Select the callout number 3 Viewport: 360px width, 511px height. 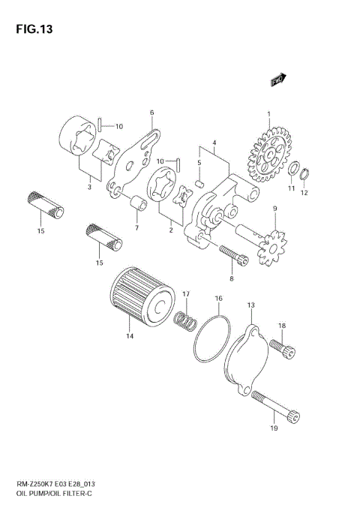(x=88, y=187)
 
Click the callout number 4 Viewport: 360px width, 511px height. (x=214, y=143)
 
